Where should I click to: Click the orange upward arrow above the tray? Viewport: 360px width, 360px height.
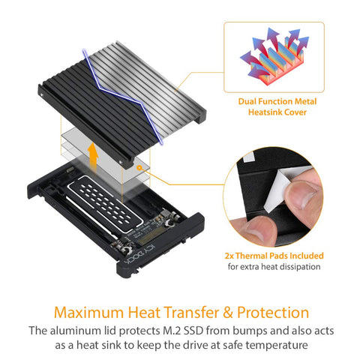coord(93,157)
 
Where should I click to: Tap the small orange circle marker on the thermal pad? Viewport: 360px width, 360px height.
coord(139,168)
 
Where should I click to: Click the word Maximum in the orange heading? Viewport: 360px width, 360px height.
coord(88,313)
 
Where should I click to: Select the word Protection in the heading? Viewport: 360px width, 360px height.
coord(273,313)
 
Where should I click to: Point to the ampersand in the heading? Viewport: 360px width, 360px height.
coord(227,313)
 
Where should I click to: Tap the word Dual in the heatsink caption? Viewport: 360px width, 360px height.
coord(247,101)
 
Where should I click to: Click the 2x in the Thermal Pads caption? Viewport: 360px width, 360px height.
coord(229,256)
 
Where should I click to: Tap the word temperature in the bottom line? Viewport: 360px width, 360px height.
coord(277,346)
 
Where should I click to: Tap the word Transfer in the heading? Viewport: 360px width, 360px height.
coord(190,313)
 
